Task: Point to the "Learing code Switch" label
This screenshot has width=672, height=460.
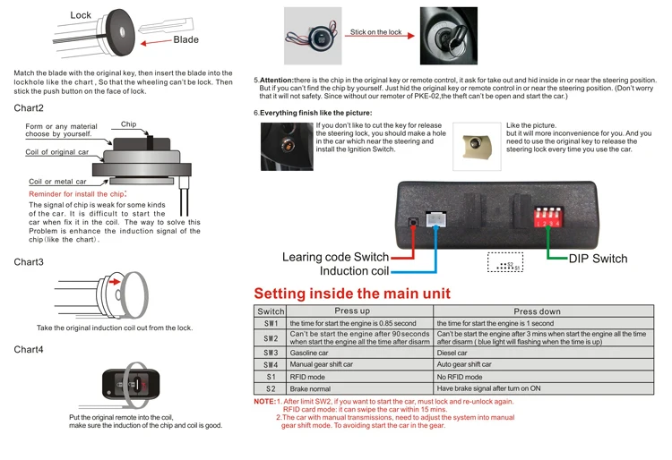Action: (335, 258)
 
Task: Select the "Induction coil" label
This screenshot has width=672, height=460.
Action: (355, 270)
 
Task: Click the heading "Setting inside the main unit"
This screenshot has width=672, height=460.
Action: (352, 294)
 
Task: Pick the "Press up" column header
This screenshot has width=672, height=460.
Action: (352, 311)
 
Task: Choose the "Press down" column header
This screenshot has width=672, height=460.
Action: (537, 311)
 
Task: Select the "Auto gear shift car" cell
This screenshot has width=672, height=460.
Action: (464, 364)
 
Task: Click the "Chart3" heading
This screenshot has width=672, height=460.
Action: (29, 262)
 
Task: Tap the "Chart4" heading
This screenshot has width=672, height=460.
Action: (29, 349)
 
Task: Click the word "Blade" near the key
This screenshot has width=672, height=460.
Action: (186, 39)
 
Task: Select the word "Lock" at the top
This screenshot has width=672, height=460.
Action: (81, 15)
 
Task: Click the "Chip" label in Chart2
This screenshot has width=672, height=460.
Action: (128, 124)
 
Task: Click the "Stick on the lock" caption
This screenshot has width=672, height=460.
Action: (375, 32)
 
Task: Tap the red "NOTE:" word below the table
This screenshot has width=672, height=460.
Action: (264, 401)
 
